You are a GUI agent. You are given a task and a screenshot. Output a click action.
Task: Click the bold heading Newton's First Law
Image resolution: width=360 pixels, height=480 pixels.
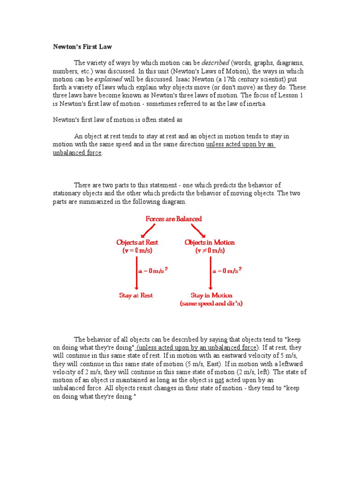pos(82,47)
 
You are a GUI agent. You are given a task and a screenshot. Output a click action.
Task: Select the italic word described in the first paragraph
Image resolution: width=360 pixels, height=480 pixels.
pos(215,63)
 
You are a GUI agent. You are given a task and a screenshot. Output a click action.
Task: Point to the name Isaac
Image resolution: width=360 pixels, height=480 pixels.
pos(185,79)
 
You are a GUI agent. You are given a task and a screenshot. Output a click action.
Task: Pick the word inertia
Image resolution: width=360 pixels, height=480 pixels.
pos(256,104)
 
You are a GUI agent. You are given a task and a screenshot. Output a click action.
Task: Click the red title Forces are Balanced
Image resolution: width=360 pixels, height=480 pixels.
pos(173,219)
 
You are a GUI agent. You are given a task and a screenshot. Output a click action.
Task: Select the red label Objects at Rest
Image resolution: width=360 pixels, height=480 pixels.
pos(137,242)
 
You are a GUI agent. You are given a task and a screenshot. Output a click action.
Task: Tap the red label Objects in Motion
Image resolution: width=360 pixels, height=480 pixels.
pos(210,242)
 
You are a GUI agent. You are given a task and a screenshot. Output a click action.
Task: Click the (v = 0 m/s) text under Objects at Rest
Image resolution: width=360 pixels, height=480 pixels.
pos(137,251)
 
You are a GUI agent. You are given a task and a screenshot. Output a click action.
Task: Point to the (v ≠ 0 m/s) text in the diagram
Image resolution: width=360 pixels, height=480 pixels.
pos(210,251)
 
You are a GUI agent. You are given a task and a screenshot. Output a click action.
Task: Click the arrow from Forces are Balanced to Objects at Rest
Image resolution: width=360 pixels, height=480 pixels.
pos(148,230)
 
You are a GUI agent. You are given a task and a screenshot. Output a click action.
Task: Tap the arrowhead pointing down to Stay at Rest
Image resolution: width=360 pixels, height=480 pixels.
pos(136,287)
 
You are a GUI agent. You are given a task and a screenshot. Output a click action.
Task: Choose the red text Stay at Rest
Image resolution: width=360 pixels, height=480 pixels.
pos(136,296)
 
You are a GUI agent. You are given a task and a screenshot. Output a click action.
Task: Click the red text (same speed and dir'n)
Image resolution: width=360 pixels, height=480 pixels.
pos(211,304)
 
